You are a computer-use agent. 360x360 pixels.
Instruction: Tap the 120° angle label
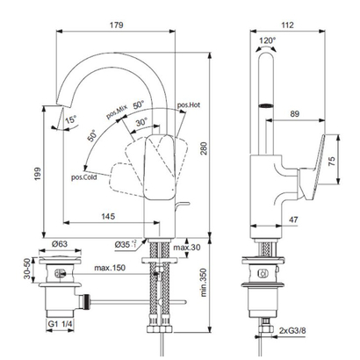tap(266, 40)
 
